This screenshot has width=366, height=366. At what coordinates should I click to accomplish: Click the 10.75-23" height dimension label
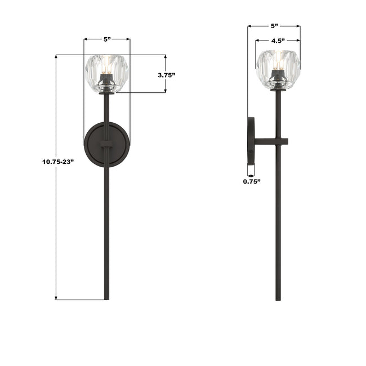coord(58,162)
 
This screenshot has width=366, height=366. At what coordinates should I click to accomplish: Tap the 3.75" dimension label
coord(166,75)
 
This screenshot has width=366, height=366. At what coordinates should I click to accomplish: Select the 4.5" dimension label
coord(278,41)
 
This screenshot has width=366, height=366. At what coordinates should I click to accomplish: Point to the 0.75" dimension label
coord(252,181)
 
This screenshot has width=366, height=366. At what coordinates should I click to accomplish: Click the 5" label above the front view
coord(107,39)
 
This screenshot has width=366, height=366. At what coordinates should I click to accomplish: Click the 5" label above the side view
coord(275,26)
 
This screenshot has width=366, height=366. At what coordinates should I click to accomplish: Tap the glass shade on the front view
coord(107,74)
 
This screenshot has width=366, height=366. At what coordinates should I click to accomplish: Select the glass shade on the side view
coord(278,70)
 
